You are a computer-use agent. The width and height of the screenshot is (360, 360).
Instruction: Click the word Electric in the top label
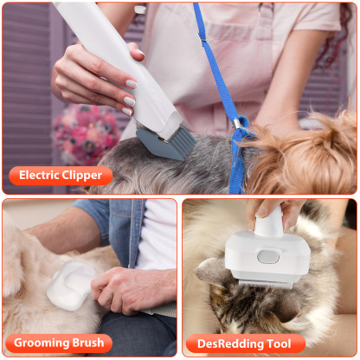[41, 176]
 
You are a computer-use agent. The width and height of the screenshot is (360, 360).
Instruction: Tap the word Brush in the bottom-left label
[90, 343]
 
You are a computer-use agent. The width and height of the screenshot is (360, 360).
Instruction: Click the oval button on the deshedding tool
[269, 256]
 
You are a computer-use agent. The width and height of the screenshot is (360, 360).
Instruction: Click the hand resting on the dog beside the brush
[130, 290]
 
